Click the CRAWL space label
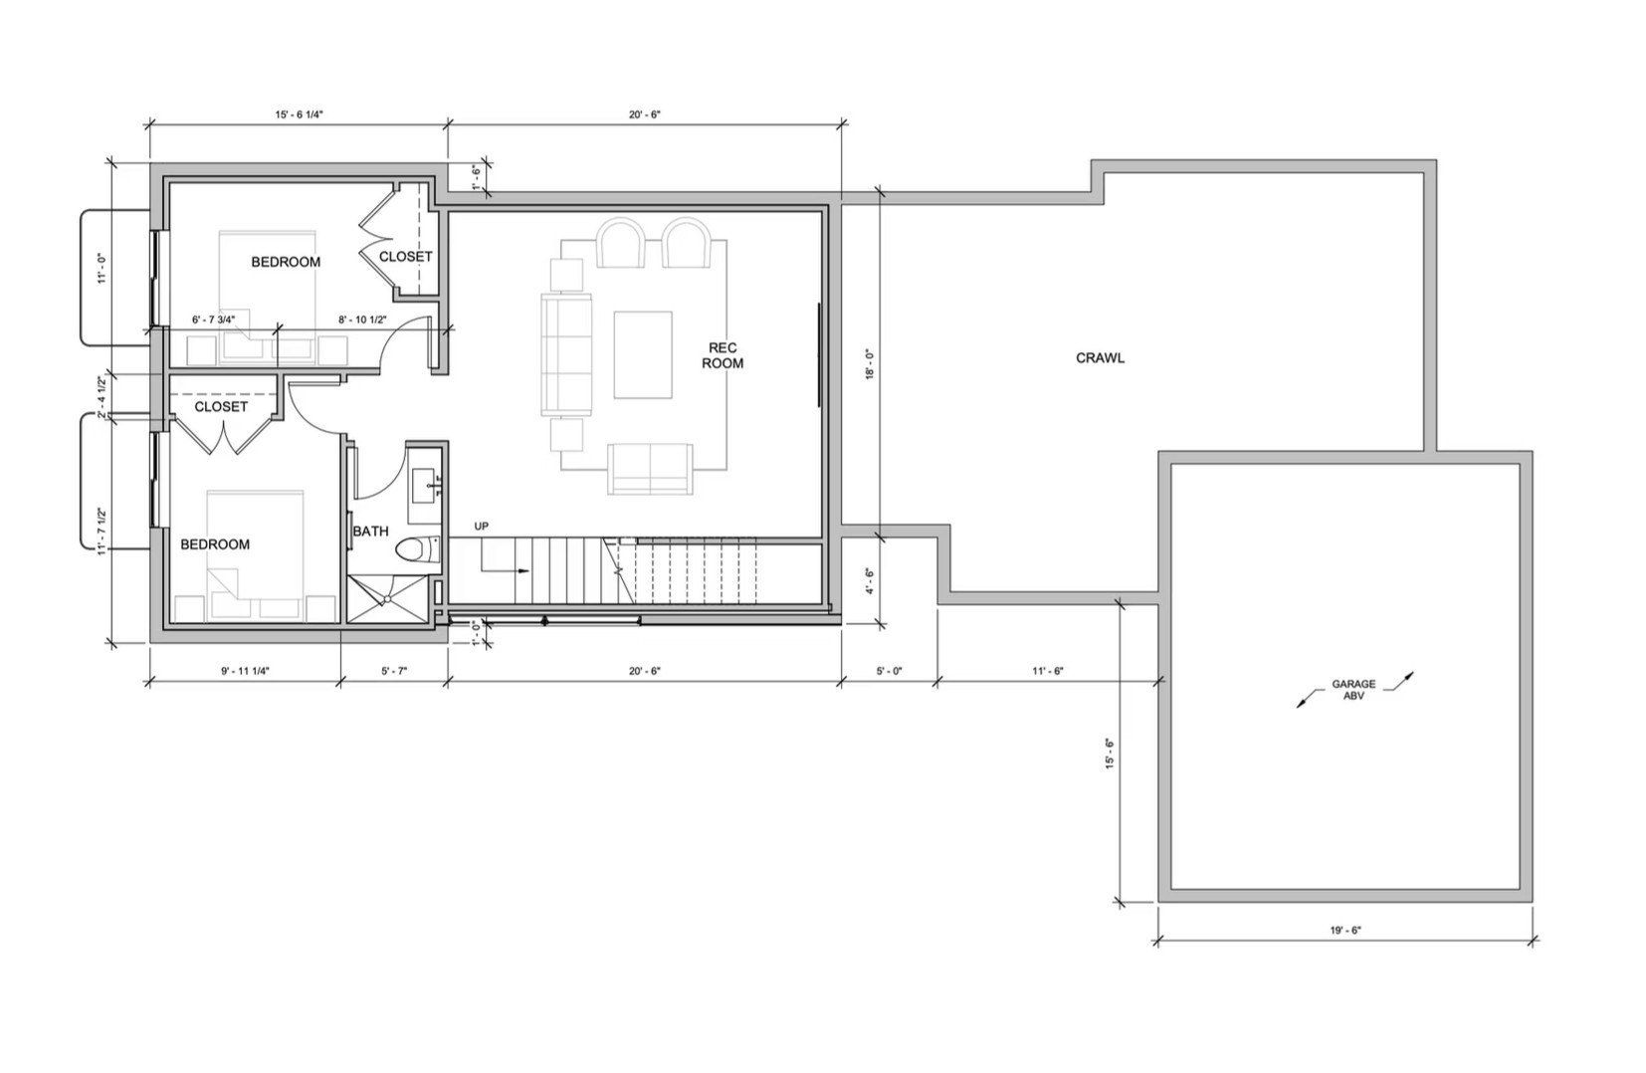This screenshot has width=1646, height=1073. pyautogui.click(x=1100, y=357)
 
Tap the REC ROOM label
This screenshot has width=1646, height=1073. pyautogui.click(x=722, y=355)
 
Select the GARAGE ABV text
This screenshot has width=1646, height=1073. pyautogui.click(x=1354, y=690)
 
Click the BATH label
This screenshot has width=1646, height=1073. pyautogui.click(x=370, y=532)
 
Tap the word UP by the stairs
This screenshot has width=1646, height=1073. pyautogui.click(x=482, y=526)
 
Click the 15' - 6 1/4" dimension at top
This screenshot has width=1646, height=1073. pyautogui.click(x=300, y=114)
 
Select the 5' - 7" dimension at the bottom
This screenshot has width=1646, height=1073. pyautogui.click(x=392, y=671)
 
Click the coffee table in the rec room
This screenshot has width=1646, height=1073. pyautogui.click(x=643, y=354)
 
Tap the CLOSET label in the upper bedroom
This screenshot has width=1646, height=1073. pyautogui.click(x=406, y=257)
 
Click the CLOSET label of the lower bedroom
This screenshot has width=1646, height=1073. pyautogui.click(x=221, y=407)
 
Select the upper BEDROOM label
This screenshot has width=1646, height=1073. pyautogui.click(x=286, y=262)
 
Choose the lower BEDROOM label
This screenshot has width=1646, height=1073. pyautogui.click(x=215, y=544)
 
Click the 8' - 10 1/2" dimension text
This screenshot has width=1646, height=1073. pyautogui.click(x=362, y=320)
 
